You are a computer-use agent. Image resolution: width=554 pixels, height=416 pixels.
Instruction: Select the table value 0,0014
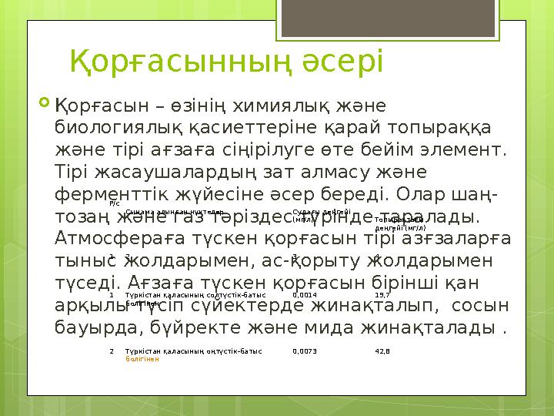click(x=305, y=294)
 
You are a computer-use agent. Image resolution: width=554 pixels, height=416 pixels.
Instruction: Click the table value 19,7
click(x=382, y=294)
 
